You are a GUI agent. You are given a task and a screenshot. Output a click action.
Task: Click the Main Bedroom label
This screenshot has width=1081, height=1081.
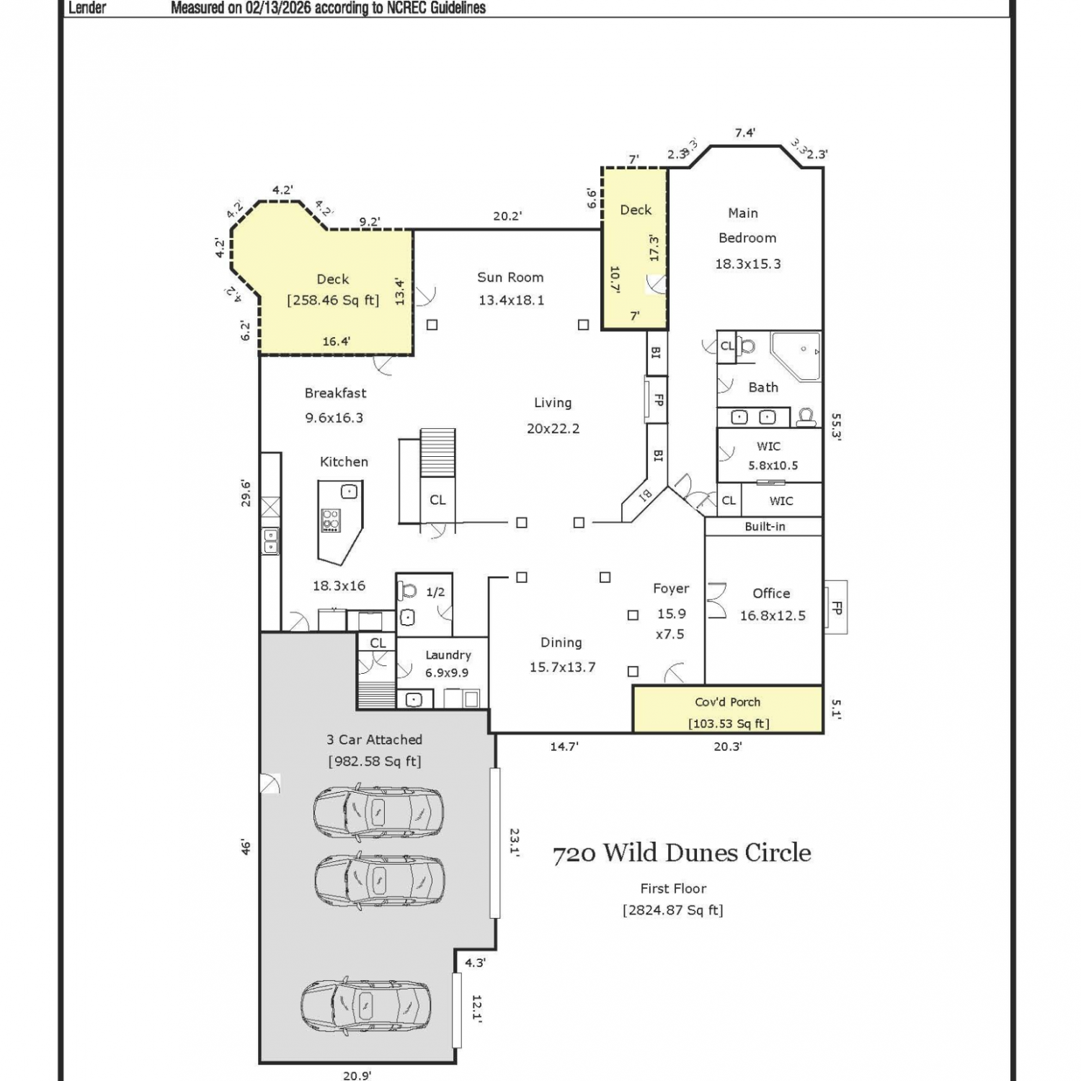click(x=747, y=226)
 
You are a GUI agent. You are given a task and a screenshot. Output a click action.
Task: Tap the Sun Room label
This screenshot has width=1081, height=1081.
click(x=510, y=277)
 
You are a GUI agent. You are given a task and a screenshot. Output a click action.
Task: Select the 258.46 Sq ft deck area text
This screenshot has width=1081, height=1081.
click(x=333, y=301)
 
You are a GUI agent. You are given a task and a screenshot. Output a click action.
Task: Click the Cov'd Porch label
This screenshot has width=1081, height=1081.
click(x=727, y=702)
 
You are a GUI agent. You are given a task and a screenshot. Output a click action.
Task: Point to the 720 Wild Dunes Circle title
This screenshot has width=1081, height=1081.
click(x=682, y=853)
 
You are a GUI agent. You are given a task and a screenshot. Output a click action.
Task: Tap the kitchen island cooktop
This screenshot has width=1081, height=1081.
click(x=331, y=520)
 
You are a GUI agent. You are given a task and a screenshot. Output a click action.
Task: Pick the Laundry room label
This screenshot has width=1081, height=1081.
click(x=448, y=655)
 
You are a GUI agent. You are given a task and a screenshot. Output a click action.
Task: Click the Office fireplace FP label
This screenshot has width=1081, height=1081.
click(x=836, y=608)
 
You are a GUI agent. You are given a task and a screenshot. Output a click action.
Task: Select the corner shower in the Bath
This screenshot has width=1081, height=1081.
click(x=796, y=355)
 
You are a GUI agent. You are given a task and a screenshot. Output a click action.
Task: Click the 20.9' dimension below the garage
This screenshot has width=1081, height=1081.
click(x=357, y=1075)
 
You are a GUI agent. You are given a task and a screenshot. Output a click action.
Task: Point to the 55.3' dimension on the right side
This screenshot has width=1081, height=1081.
click(x=836, y=427)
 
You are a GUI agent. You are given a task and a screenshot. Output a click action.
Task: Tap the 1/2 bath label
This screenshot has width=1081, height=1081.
click(x=435, y=592)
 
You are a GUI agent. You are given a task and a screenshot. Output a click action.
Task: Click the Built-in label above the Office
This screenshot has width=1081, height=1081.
click(x=765, y=527)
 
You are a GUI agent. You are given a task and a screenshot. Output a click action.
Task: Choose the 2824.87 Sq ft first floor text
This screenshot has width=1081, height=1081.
click(x=673, y=910)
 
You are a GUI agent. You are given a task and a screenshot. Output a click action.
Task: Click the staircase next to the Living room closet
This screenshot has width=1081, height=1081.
click(x=437, y=453)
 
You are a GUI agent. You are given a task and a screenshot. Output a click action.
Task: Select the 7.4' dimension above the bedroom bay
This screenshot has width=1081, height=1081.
click(x=745, y=133)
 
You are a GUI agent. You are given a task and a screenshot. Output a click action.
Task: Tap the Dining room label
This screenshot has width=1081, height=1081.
click(x=561, y=643)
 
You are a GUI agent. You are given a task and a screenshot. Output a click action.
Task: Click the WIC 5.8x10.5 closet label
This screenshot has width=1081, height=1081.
click(x=769, y=456)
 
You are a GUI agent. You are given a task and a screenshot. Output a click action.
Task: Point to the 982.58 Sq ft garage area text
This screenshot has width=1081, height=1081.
click(x=375, y=762)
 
